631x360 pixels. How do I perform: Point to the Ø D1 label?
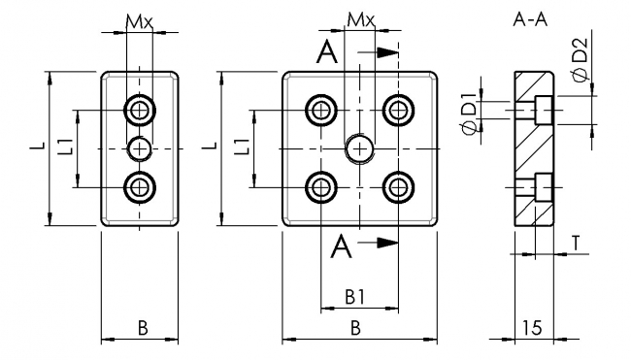469,124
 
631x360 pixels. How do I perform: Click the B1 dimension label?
356,296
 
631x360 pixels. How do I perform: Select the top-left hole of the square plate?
320,109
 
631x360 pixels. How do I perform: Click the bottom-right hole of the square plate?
397,186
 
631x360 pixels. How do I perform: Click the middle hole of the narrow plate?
142,147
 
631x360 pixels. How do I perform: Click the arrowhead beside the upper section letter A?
386,52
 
